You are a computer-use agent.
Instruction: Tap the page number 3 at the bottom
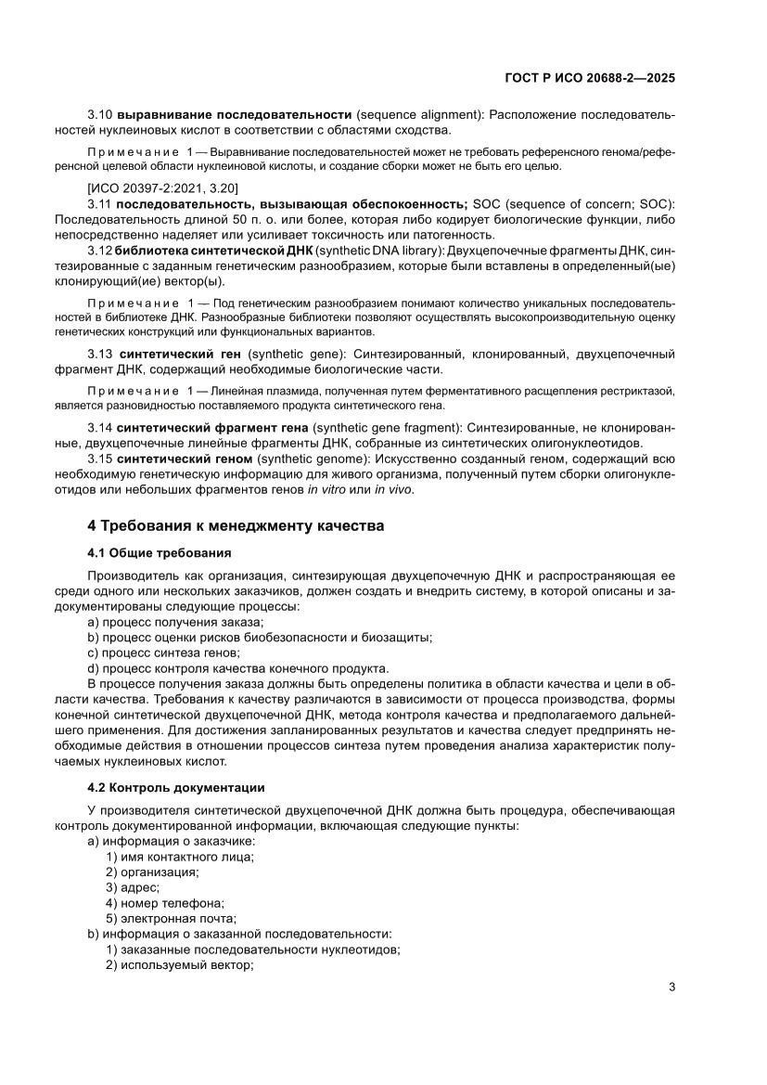(671, 987)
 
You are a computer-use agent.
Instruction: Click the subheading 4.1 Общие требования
(159, 554)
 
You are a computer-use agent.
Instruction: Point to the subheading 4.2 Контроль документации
(176, 788)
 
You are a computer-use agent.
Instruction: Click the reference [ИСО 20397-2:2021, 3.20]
(163, 188)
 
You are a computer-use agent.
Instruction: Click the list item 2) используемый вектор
(180, 966)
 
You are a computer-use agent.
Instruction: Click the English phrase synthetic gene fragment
(388, 427)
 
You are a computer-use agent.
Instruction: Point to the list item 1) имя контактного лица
(180, 856)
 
